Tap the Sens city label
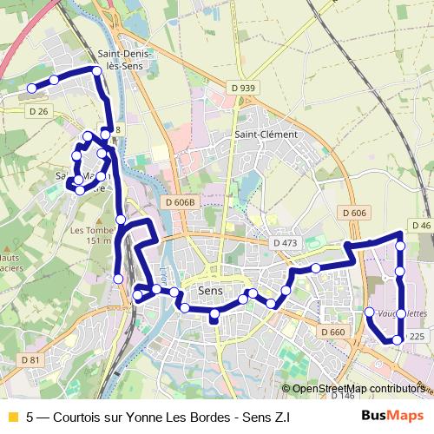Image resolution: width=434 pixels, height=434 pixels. point(211,290)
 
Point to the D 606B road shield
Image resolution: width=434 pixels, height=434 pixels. point(181,202)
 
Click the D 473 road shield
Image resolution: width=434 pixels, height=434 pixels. point(284,244)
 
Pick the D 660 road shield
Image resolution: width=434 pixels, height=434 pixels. point(332,332)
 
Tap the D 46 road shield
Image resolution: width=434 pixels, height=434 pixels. point(422,226)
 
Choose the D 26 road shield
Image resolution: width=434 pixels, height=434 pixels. point(38,110)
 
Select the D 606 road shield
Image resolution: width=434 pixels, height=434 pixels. point(354,213)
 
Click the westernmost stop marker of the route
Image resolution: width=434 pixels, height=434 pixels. point(31,88)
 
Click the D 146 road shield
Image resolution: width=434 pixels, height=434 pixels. point(342,396)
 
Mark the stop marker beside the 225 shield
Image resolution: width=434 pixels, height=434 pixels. point(398,340)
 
